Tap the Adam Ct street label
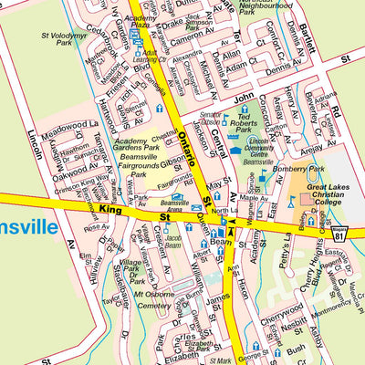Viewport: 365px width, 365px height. point(236,66)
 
